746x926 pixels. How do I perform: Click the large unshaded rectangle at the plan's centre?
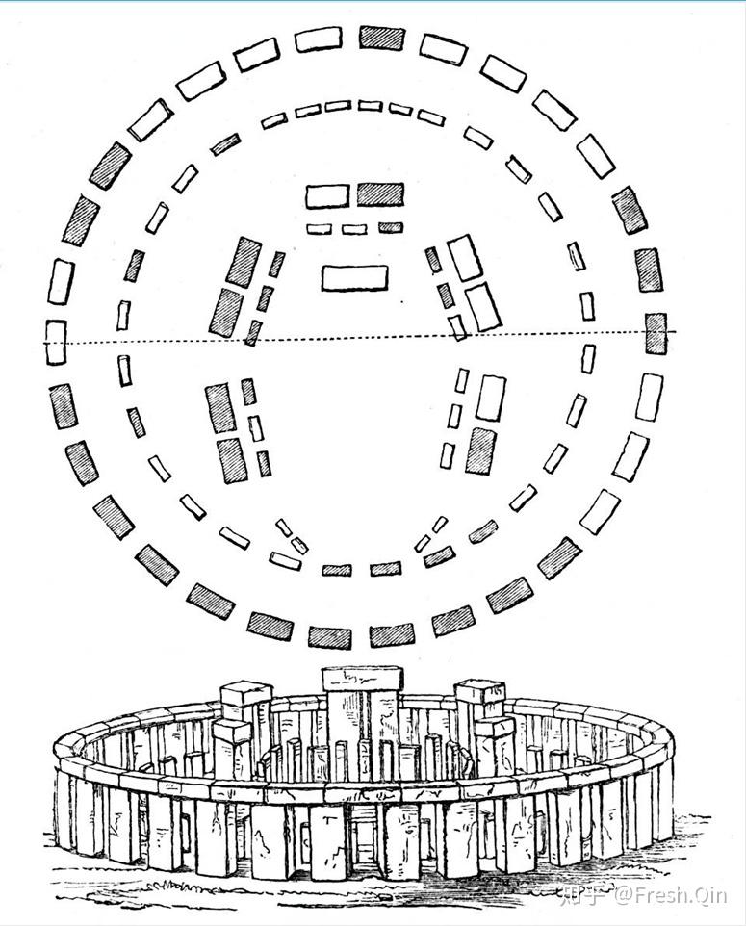[x=354, y=277]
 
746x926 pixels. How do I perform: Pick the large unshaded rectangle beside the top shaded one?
[x=327, y=196]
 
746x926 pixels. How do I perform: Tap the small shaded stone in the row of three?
[x=390, y=228]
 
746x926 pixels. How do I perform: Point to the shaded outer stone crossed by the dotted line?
[x=656, y=332]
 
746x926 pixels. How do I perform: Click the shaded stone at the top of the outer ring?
[x=381, y=39]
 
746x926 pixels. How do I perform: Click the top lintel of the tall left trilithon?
[x=246, y=693]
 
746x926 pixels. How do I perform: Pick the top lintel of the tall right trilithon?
[x=478, y=691]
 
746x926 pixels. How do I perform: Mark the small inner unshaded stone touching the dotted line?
[x=456, y=328]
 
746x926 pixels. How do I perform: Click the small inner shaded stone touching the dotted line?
[x=253, y=333]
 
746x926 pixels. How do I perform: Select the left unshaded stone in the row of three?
[x=319, y=229]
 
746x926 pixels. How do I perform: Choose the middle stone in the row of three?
[x=354, y=229]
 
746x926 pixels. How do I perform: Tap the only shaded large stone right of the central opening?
[x=480, y=450]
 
